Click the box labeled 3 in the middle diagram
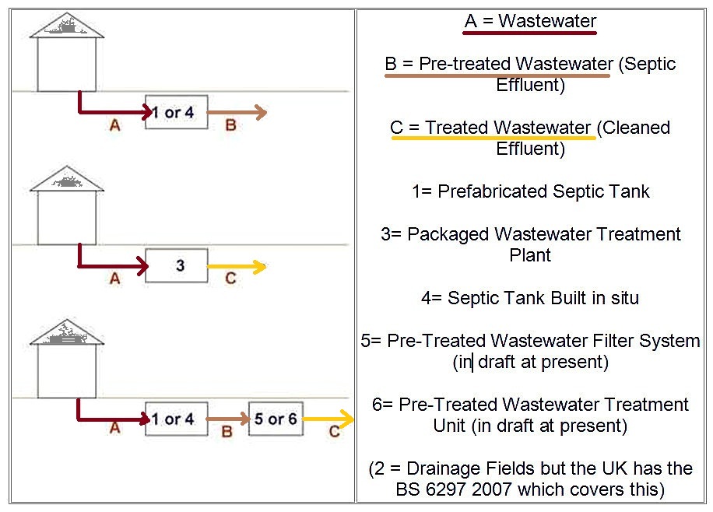(x=177, y=265)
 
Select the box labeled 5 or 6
(x=275, y=419)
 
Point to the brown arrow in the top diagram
(x=237, y=113)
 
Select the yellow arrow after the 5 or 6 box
(x=328, y=420)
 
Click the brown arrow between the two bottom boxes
(x=227, y=419)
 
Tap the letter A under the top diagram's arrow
(x=114, y=124)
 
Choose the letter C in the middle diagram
(x=230, y=279)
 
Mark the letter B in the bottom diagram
(x=227, y=432)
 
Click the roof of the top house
(x=67, y=28)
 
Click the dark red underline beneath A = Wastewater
(x=529, y=33)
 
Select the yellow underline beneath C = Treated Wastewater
(x=493, y=139)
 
